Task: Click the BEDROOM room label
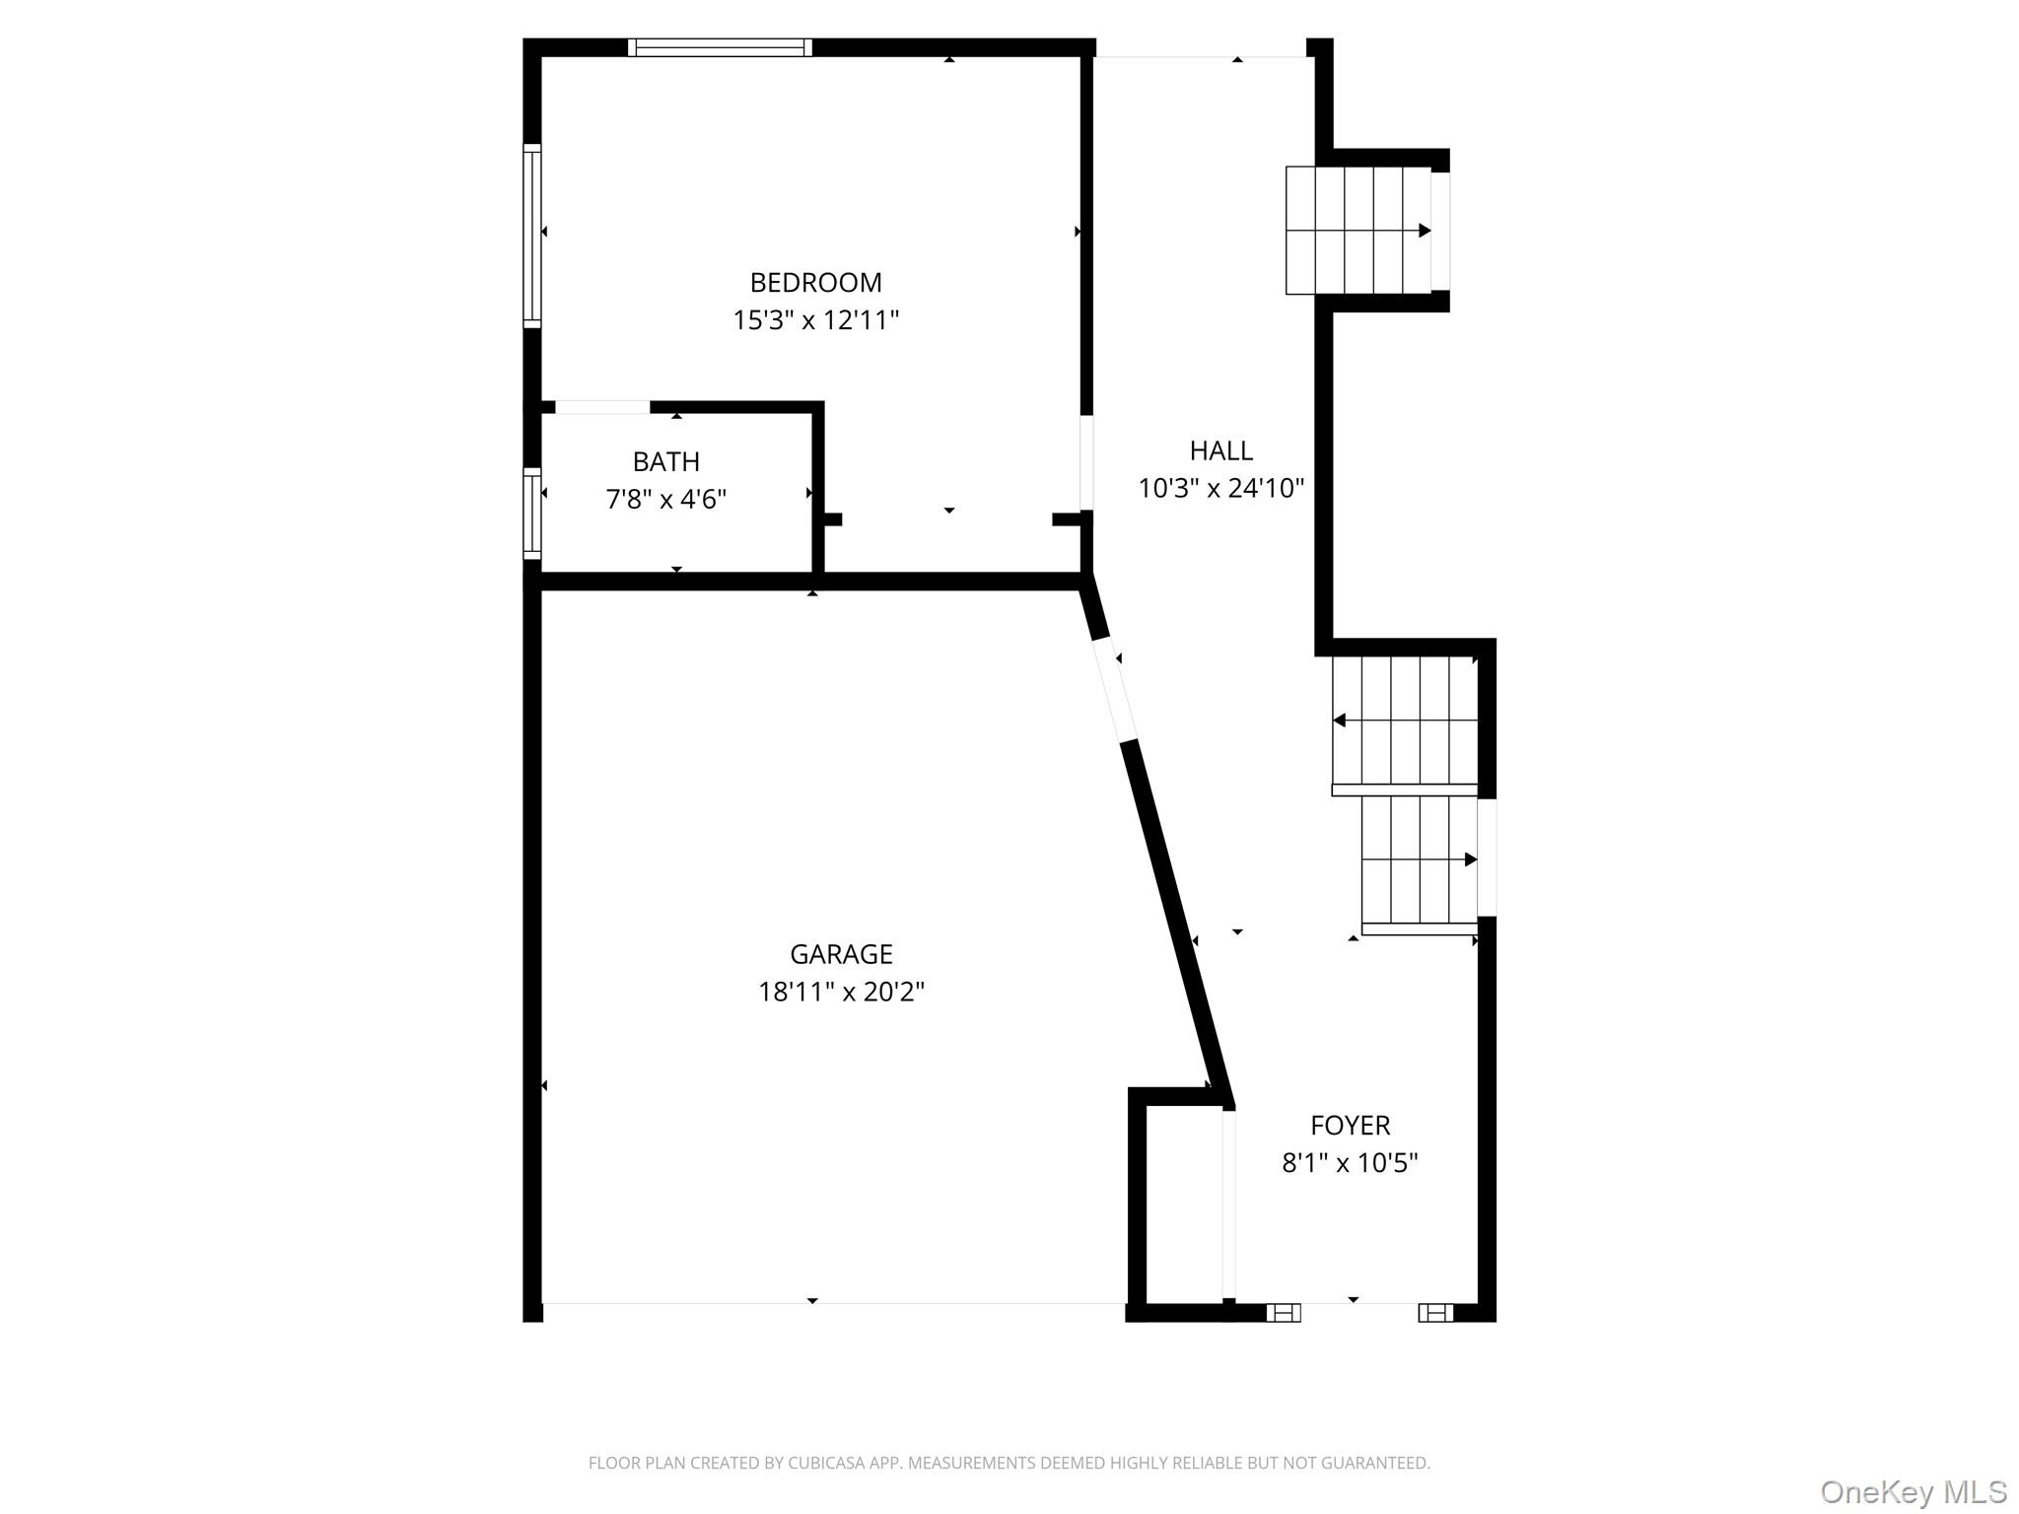click(x=815, y=283)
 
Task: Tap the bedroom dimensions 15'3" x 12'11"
click(x=815, y=320)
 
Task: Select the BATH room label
click(x=666, y=461)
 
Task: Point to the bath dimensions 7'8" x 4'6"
click(x=666, y=500)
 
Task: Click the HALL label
click(x=1221, y=450)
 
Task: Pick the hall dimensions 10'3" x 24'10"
click(x=1221, y=488)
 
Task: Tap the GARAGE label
click(x=841, y=954)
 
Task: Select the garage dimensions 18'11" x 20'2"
click(x=841, y=992)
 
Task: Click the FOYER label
click(x=1351, y=1125)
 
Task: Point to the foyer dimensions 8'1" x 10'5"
click(x=1351, y=1163)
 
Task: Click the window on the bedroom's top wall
click(x=720, y=47)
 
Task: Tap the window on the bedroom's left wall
click(x=532, y=236)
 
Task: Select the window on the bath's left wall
click(x=532, y=514)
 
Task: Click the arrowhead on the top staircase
click(x=1425, y=231)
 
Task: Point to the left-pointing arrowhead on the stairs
click(x=1339, y=721)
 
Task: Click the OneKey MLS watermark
click(x=1914, y=1491)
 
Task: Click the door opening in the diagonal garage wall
click(x=1116, y=689)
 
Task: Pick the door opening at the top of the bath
click(x=602, y=407)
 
